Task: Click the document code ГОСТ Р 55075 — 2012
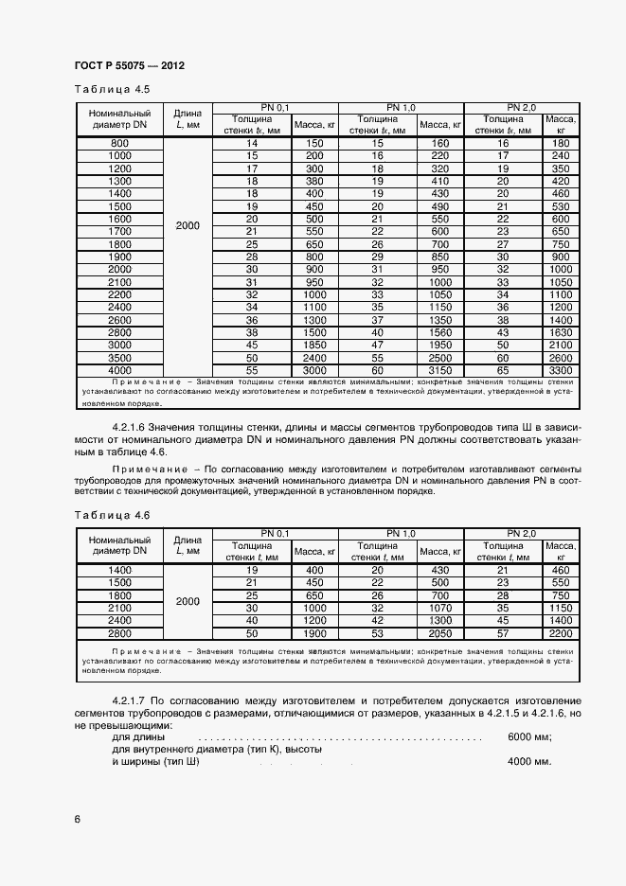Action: coord(128,65)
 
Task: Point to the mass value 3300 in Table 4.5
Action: coord(561,371)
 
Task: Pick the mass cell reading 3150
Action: coord(440,371)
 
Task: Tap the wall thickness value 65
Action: coord(503,371)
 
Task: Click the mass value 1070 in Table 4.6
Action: coord(440,608)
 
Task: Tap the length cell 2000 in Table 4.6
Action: coord(188,601)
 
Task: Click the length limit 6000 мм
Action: coord(529,736)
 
